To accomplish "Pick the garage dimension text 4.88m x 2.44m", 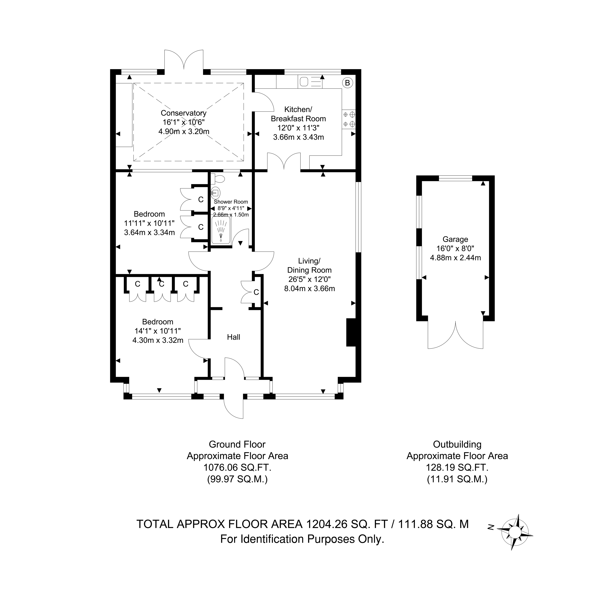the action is click(x=456, y=258).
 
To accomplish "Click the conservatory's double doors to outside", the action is click(x=184, y=60).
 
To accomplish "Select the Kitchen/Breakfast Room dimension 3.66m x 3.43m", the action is click(x=298, y=137).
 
